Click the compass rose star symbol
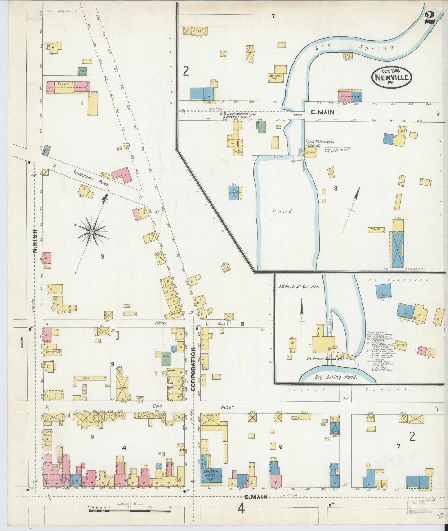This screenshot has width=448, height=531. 92,232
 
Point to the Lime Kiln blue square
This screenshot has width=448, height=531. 235,193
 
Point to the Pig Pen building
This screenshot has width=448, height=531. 376,230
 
